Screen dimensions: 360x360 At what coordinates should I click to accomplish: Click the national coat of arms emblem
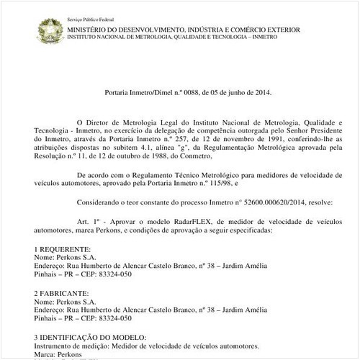coord(50,30)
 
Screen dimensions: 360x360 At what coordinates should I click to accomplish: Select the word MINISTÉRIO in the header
coord(88,30)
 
